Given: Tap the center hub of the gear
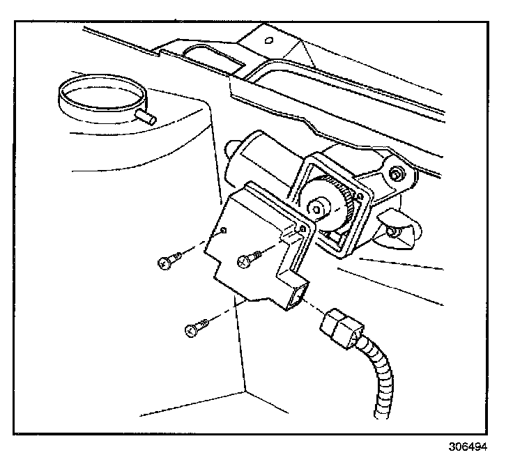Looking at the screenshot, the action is (x=320, y=207).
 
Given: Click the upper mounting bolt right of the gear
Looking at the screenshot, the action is (x=397, y=174).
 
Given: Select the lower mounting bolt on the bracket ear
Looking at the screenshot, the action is (x=392, y=230).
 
